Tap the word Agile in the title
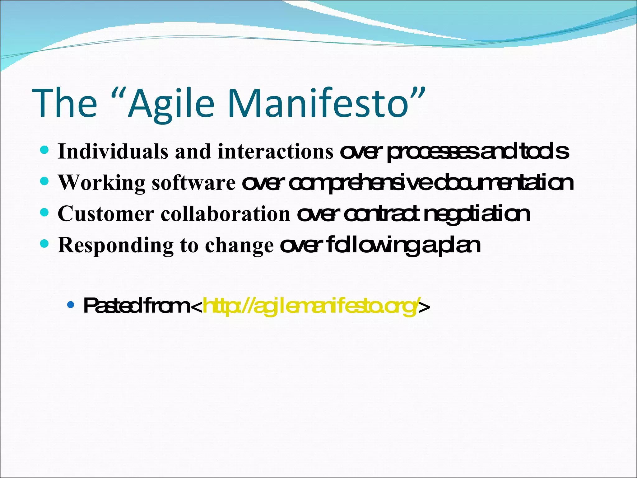click(170, 103)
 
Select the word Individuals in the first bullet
click(113, 152)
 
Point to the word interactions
click(276, 152)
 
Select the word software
click(194, 183)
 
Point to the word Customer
click(106, 214)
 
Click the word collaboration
click(226, 214)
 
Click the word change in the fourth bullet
click(239, 245)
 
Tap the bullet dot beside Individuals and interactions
click(45, 150)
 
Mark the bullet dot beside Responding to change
click(45, 243)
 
